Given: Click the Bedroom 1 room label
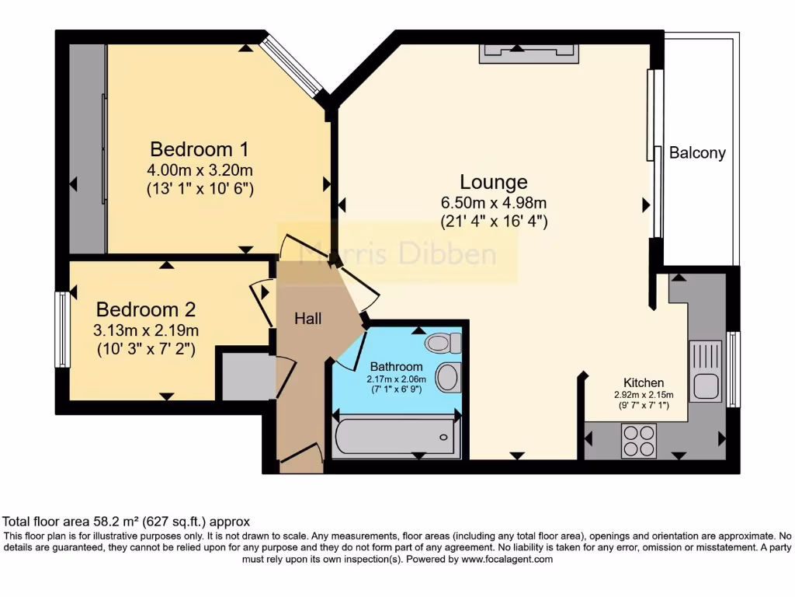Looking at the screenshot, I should click(x=199, y=148).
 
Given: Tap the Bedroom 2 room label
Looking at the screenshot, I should click(x=146, y=308).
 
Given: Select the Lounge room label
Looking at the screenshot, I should click(x=494, y=182).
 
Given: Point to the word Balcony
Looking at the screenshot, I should click(x=697, y=153).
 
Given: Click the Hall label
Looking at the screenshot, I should click(x=307, y=318).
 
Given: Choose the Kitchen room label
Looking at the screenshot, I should click(x=644, y=382).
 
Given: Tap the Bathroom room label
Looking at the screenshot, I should click(x=396, y=367).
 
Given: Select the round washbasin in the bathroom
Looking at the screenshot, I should click(x=447, y=377).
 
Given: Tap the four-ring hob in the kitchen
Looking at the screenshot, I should click(x=638, y=441).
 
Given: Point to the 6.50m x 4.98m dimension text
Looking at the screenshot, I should click(x=494, y=203).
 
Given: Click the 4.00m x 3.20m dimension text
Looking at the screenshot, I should click(x=200, y=169).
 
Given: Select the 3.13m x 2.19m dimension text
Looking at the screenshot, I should click(x=146, y=330).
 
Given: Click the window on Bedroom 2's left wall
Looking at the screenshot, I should click(x=61, y=329).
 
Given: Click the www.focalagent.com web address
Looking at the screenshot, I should click(x=507, y=559).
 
